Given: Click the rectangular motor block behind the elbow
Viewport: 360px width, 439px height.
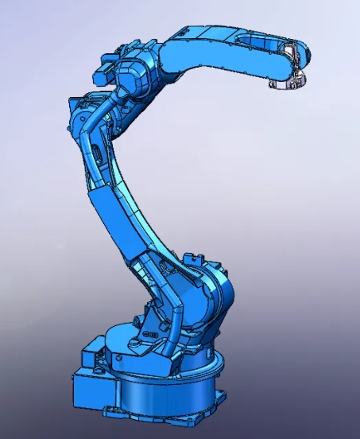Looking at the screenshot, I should [x=105, y=73].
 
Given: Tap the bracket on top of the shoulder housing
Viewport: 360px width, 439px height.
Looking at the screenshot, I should [x=195, y=262].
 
